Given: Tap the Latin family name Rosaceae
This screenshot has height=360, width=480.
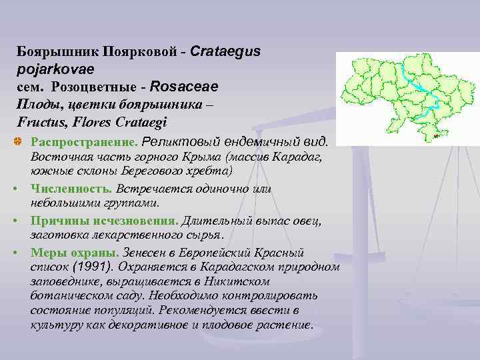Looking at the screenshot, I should pos(184,87).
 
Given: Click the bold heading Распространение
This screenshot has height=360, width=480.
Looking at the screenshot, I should pos(83,142).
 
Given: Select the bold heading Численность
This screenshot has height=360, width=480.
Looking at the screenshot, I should pos(69,189).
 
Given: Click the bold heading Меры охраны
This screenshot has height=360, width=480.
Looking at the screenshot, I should pos(73,253).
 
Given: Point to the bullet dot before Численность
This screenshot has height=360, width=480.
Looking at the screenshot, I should pos(22,190).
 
